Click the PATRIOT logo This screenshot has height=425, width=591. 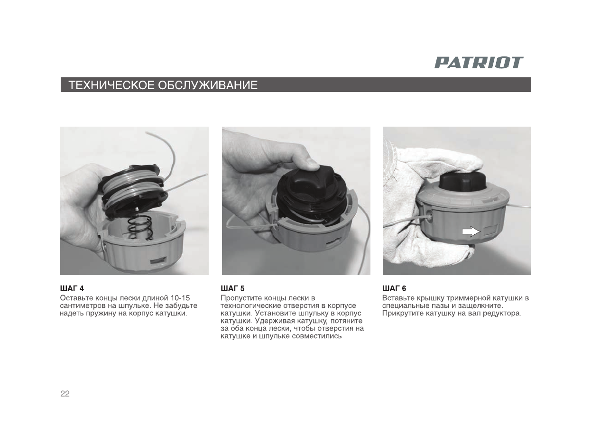pyautogui.click(x=479, y=63)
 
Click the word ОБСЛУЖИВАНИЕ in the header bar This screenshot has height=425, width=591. pyautogui.click(x=208, y=85)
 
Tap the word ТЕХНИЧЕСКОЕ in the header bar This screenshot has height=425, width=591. pyautogui.click(x=111, y=85)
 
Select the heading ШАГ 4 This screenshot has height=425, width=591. pyautogui.click(x=72, y=288)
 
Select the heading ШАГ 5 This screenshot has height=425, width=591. pyautogui.click(x=233, y=288)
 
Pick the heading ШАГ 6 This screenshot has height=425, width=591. pyautogui.click(x=394, y=288)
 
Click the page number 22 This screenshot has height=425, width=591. pyautogui.click(x=65, y=394)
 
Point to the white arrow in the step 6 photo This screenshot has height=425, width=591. pyautogui.click(x=471, y=231)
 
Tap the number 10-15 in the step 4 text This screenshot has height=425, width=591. pyautogui.click(x=180, y=298)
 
